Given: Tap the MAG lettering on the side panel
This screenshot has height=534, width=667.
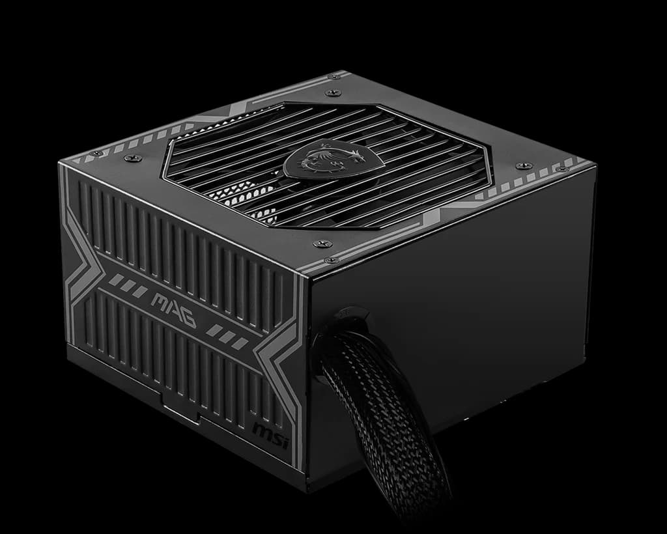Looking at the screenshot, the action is point(173,310).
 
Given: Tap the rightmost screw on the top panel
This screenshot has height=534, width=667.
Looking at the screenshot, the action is point(561,169).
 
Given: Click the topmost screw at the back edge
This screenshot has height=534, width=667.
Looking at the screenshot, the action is point(334,77).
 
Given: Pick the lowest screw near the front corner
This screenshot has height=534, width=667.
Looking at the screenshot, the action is point(332,259).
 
